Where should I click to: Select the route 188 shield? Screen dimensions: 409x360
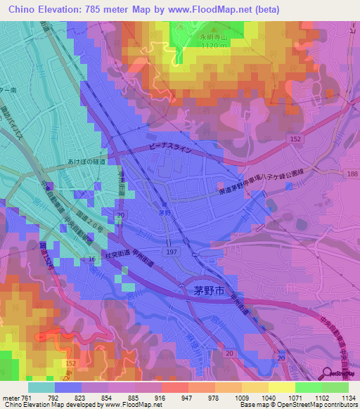pos(352,172)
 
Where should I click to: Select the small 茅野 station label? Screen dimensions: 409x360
pos(164,211)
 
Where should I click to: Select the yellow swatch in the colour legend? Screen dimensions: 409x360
pos(281,387)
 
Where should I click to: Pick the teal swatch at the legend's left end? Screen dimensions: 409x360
pos(41,387)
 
